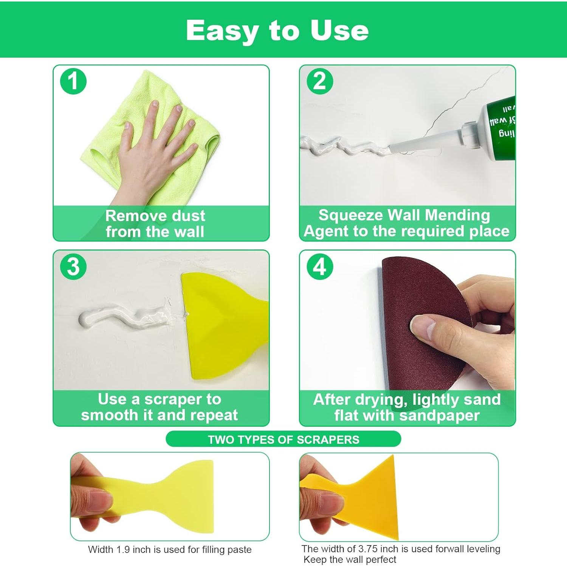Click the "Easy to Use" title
pos(277,30)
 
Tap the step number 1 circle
pos(73,81)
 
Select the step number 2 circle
pos(320,81)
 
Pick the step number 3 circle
pos(73,266)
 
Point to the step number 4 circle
pos(320,266)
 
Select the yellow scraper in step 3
pos(219,325)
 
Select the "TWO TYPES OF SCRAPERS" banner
pos(283,440)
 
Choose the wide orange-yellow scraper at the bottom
pos(374,499)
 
